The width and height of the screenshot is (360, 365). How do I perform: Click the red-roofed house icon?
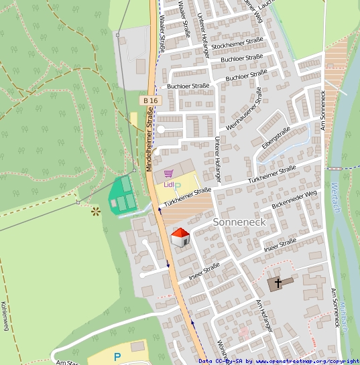(x=180, y=237)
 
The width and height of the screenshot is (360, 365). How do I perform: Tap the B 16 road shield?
(x=151, y=100)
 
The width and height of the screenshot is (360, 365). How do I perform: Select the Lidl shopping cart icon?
(x=168, y=173)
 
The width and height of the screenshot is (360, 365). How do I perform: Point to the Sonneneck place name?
(x=239, y=221)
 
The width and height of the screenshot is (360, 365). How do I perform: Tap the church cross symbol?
(x=278, y=283)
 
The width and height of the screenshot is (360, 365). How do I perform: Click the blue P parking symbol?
(x=117, y=357)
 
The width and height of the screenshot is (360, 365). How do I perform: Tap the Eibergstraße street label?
(x=276, y=137)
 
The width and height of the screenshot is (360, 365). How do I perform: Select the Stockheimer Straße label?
(x=237, y=44)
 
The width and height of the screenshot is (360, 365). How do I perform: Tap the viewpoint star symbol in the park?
(x=95, y=211)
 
